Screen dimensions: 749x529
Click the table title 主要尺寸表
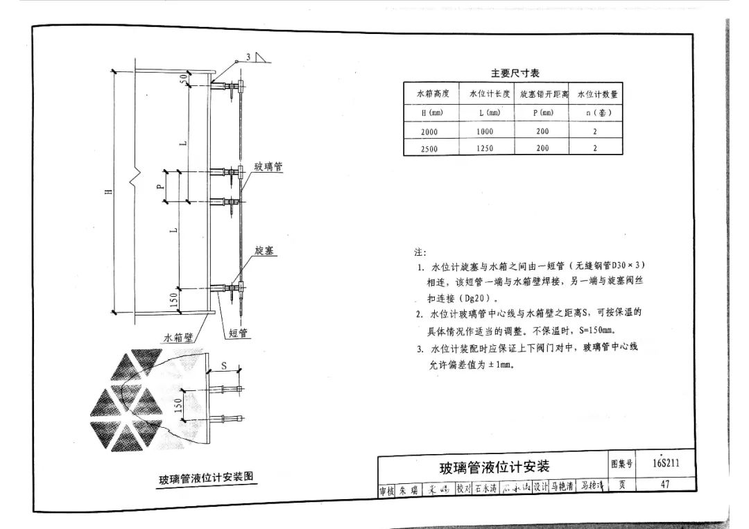[515, 73]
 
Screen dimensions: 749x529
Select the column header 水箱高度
[433, 94]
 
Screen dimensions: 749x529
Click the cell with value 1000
[485, 131]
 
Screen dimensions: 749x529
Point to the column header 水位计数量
[597, 94]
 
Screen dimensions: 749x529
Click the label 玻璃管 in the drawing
[268, 168]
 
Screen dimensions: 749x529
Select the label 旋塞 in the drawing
[264, 250]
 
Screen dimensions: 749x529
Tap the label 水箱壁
[178, 338]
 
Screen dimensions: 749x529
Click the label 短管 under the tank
[239, 333]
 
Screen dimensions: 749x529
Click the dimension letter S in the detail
[224, 365]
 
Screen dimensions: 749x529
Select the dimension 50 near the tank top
[183, 79]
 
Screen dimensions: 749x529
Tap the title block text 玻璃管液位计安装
[494, 466]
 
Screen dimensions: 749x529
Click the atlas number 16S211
[665, 464]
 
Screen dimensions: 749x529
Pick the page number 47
[665, 485]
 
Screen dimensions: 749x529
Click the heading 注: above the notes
[420, 252]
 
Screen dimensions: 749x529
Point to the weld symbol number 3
[248, 57]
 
